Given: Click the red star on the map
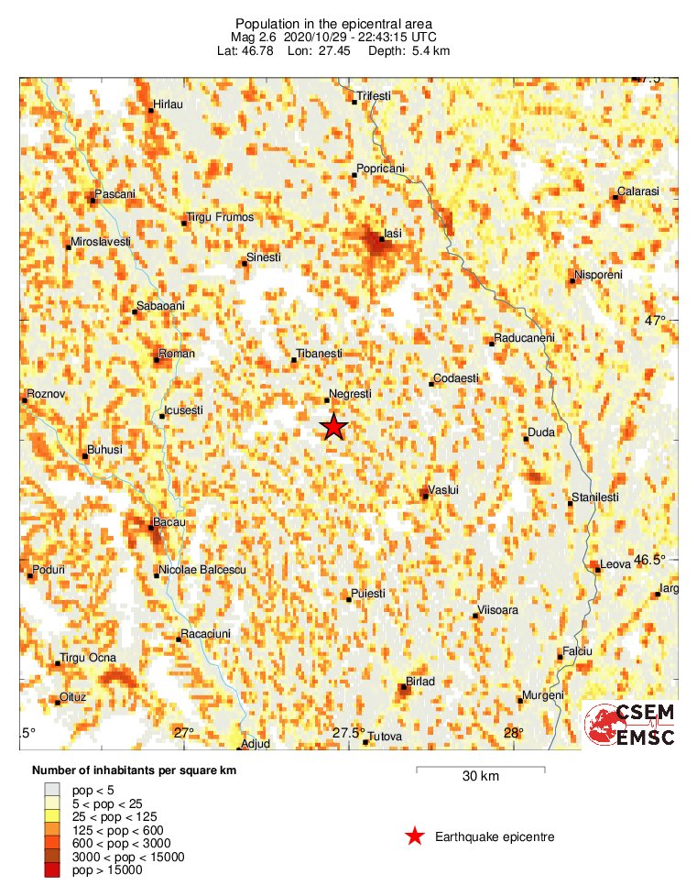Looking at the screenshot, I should pyautogui.click(x=334, y=427).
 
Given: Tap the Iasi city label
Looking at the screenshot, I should pyautogui.click(x=393, y=235).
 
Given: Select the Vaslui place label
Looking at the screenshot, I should pyautogui.click(x=443, y=490).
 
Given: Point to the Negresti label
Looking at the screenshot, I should pyautogui.click(x=350, y=394).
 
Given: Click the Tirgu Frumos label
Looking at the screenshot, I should pyautogui.click(x=220, y=217).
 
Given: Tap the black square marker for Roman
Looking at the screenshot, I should pyautogui.click(x=157, y=360).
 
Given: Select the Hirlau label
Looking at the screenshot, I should pyautogui.click(x=169, y=104).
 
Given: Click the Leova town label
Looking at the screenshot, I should pyautogui.click(x=615, y=564).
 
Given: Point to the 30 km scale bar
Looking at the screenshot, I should pyautogui.click(x=480, y=770).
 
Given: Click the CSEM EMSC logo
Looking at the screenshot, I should pyautogui.click(x=630, y=725).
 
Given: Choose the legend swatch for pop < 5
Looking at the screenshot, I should pyautogui.click(x=53, y=789).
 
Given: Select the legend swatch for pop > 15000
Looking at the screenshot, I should pyautogui.click(x=53, y=869).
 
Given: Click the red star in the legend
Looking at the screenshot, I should pyautogui.click(x=415, y=836).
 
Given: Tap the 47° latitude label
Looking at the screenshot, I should pyautogui.click(x=654, y=321).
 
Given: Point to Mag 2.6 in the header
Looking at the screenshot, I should pyautogui.click(x=259, y=37).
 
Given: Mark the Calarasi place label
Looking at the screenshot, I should pyautogui.click(x=637, y=191).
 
